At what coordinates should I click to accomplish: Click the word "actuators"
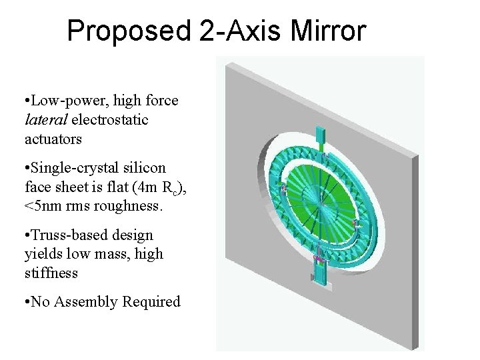coord(53,139)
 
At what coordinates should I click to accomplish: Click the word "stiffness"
coord(51,273)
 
